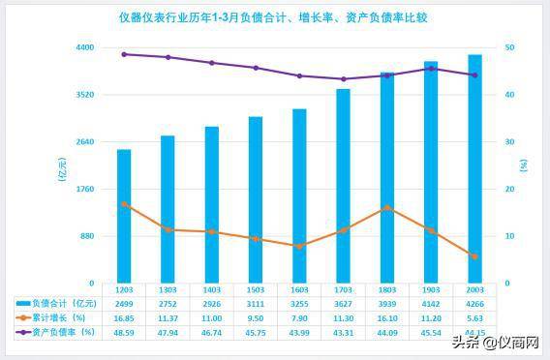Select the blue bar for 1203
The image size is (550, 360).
(124, 217)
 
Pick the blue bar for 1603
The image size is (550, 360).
(299, 196)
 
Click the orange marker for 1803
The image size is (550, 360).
(387, 208)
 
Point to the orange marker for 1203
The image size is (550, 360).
(124, 204)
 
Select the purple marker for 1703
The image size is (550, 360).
(343, 79)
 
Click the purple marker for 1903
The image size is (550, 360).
(431, 69)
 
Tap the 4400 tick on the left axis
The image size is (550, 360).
(84, 47)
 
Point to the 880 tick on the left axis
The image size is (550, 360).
(86, 236)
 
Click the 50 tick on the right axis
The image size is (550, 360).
(510, 47)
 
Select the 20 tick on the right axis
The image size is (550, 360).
(510, 190)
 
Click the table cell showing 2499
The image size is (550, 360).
(124, 303)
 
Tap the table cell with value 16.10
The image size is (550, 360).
(387, 317)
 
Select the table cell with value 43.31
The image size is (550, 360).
(343, 332)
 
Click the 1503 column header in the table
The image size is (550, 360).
(256, 289)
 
